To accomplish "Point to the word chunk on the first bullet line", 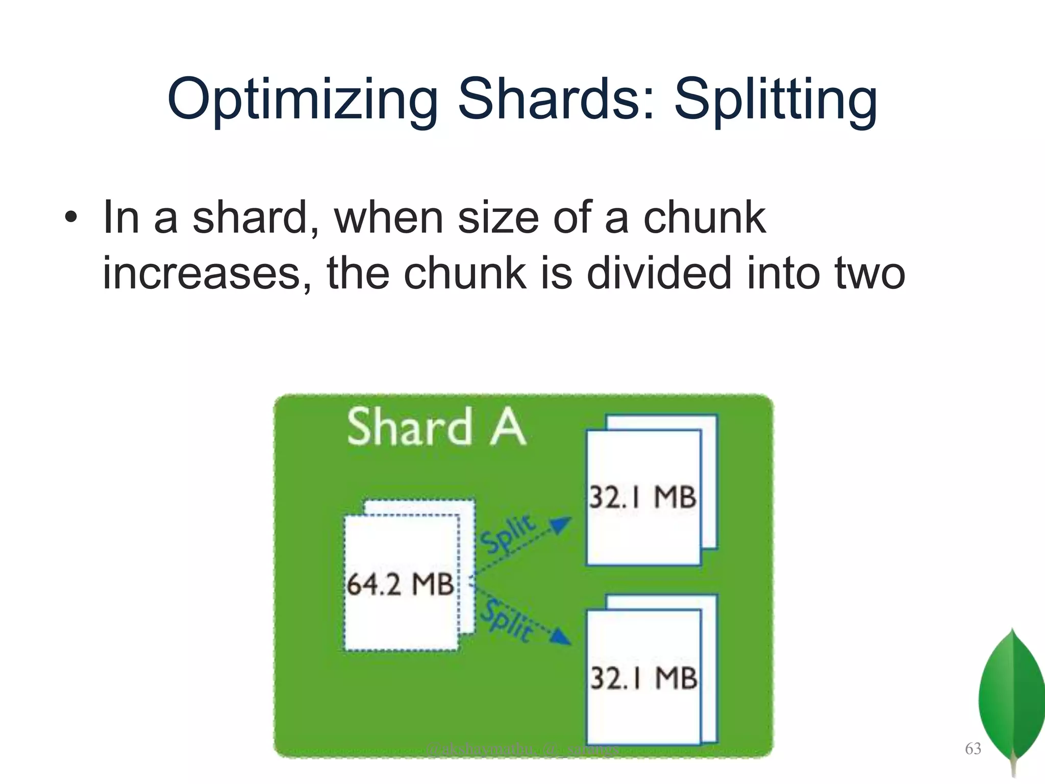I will [x=704, y=217].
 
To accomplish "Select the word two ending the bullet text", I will [x=869, y=274].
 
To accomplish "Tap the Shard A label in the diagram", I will [x=436, y=428].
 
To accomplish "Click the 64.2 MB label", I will [x=400, y=584].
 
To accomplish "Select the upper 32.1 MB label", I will [x=643, y=497].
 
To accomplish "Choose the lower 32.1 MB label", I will [x=644, y=678].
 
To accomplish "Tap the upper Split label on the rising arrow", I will [x=508, y=533].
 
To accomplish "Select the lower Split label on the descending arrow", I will [x=508, y=621].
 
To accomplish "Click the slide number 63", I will [x=973, y=748].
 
